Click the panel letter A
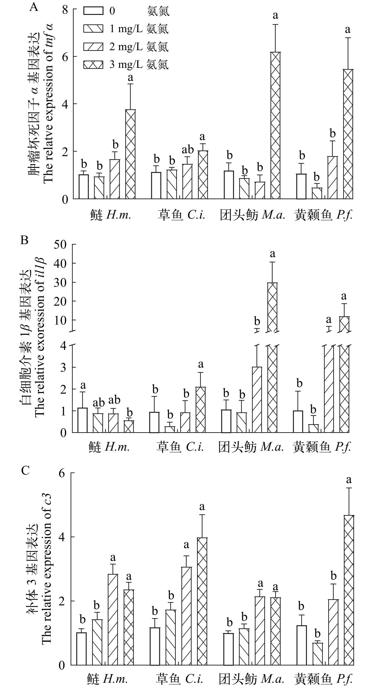point(34,7)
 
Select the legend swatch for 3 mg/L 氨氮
point(93,65)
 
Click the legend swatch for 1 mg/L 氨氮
point(93,29)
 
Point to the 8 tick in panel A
point(65,10)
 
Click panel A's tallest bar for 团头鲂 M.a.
point(275,125)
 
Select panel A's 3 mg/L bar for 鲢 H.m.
point(130,154)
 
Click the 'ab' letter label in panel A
point(188,150)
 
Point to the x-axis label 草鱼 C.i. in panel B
point(180,447)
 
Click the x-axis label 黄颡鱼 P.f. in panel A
point(323,215)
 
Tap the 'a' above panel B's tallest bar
point(272,254)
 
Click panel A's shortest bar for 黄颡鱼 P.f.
point(317,193)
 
